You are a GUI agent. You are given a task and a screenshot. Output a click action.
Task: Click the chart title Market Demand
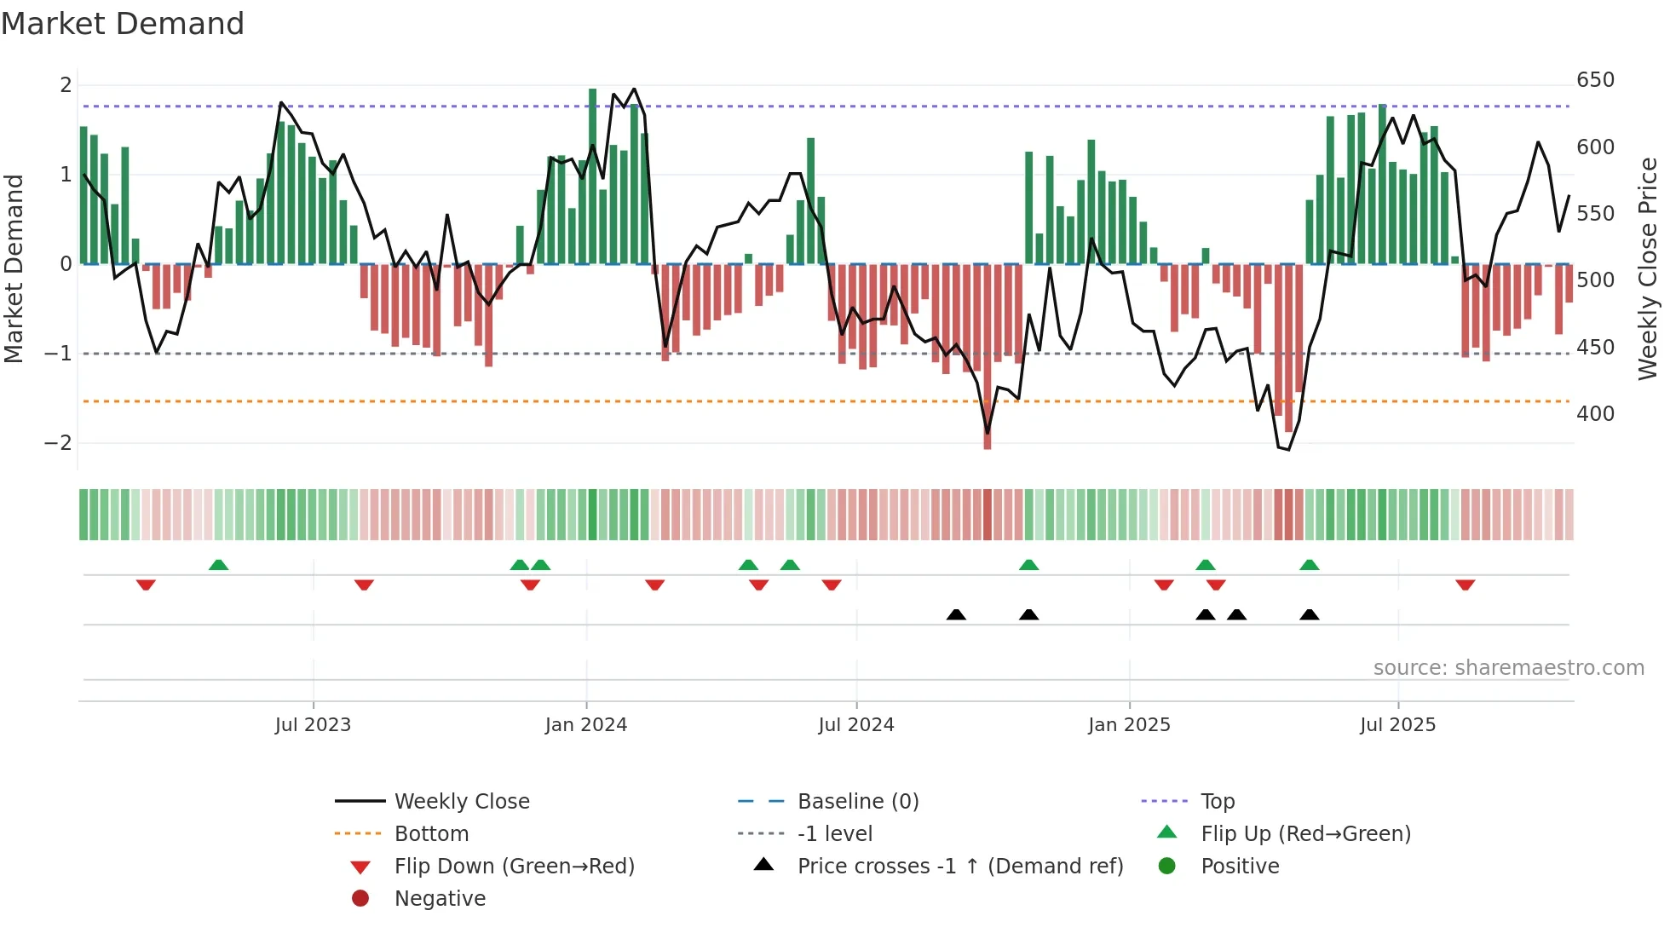pos(123,24)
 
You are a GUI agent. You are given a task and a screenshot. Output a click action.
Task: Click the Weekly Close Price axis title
pos(1648,268)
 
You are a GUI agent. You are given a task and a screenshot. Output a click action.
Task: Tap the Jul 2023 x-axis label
pos(313,725)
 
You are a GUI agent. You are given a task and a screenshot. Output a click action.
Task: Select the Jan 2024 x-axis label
pos(586,725)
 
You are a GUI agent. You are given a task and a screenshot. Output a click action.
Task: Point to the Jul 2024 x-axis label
pos(856,725)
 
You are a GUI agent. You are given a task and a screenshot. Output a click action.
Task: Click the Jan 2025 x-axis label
pos(1129,725)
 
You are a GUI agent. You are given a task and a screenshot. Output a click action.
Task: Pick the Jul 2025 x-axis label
pos(1398,725)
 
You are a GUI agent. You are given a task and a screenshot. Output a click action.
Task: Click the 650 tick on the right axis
pos(1595,80)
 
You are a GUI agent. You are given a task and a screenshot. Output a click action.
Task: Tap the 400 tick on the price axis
pos(1595,414)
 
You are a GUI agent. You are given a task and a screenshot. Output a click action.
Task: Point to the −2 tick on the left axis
pos(58,443)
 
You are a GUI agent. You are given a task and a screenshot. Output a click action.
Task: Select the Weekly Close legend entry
pos(462,802)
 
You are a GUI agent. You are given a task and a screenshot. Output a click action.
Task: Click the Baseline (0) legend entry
pos(857,802)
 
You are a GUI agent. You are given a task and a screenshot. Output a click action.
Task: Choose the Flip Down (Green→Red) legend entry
pos(514,867)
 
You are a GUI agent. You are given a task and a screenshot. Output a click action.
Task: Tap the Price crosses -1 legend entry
pos(959,867)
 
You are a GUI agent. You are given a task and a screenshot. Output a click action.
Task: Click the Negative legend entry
pos(440,899)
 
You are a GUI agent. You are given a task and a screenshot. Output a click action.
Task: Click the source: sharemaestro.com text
pos(1508,668)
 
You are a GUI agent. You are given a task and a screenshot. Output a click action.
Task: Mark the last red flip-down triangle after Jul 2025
pos(1465,585)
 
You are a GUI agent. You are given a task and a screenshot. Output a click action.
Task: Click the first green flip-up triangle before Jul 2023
pos(218,565)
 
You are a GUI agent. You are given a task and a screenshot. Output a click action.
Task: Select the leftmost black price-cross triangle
pos(956,614)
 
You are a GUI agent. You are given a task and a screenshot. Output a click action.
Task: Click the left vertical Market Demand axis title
pos(14,268)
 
